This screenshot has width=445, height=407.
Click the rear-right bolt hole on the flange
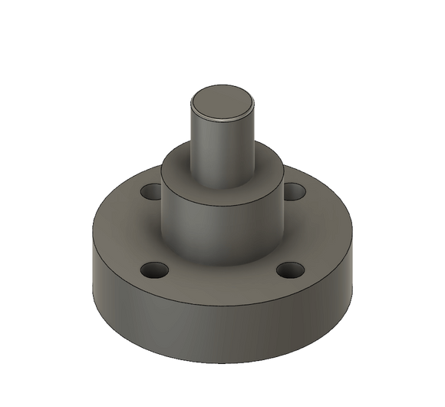(292, 190)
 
